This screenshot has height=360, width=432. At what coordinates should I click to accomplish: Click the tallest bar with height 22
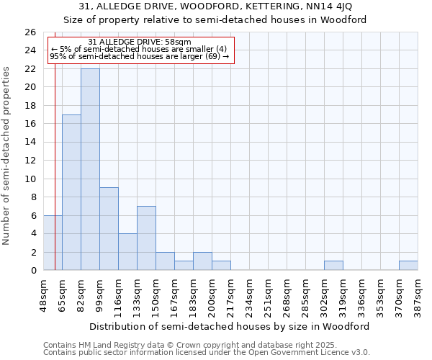click(90, 169)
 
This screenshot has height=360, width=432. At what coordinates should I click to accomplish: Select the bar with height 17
click(71, 192)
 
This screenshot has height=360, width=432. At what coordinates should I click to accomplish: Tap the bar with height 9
click(109, 229)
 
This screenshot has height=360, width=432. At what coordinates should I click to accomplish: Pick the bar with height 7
click(146, 238)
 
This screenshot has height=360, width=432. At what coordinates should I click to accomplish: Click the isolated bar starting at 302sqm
click(333, 266)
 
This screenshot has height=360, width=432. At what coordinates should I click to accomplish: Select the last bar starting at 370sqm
click(408, 266)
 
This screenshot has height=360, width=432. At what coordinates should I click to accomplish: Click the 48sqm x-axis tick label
click(44, 294)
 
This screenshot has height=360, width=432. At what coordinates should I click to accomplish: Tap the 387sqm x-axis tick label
click(418, 294)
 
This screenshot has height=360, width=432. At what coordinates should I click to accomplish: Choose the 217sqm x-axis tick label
click(231, 294)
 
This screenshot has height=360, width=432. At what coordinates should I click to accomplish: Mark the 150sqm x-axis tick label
click(156, 294)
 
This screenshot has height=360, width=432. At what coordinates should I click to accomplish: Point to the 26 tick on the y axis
click(30, 32)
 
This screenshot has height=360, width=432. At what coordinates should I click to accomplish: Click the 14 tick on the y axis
click(30, 143)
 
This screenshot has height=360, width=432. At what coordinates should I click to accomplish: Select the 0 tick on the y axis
click(32, 271)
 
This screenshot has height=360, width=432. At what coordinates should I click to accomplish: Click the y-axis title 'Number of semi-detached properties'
click(7, 155)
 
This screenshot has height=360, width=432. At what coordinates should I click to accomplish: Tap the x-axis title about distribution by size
click(230, 326)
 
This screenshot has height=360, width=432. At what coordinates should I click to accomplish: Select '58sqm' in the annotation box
click(177, 42)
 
